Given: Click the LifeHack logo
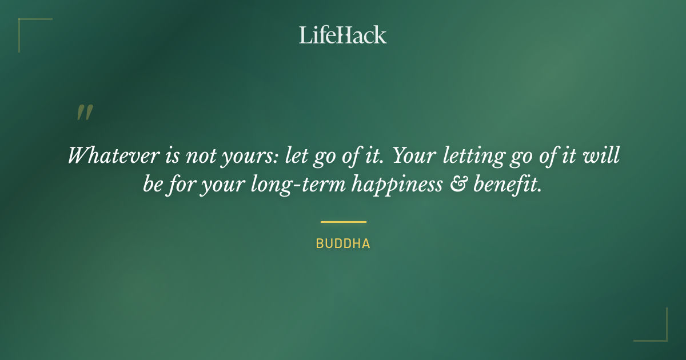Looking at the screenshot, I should (343, 35).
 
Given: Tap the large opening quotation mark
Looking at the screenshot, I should (84, 113).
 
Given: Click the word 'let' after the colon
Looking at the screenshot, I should (297, 155).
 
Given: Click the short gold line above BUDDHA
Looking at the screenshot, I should (343, 222).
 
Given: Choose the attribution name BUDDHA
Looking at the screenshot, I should (343, 244).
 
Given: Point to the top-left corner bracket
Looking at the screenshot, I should (26, 26).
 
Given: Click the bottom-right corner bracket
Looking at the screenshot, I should (660, 334).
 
